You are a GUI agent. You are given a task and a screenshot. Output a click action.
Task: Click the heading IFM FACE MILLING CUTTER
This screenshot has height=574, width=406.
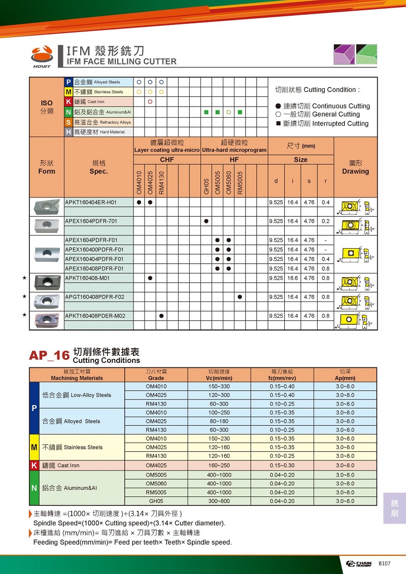tap(118, 61)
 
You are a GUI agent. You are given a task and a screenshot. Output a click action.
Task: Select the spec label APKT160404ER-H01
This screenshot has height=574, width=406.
tap(91, 202)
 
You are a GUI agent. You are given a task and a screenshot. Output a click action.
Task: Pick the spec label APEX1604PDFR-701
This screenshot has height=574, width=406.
tap(91, 221)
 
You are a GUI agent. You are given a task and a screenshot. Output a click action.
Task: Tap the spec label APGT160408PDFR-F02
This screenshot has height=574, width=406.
tap(95, 297)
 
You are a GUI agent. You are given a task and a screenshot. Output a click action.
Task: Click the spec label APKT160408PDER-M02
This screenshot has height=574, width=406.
tap(95, 316)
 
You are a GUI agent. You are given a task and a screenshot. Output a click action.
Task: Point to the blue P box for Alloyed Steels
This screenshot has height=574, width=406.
tap(69, 82)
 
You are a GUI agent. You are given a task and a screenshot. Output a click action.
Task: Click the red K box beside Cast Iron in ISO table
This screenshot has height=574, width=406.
tap(69, 102)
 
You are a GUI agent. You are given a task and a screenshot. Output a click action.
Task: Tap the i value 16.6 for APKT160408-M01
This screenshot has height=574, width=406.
tap(293, 278)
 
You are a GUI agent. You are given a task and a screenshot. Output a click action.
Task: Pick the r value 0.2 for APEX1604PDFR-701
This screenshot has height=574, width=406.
tap(325, 221)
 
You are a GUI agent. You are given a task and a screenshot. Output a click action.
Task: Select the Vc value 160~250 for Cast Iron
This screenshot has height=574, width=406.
tap(220, 465)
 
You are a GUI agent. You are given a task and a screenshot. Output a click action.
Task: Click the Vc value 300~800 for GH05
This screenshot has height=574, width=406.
tap(220, 501)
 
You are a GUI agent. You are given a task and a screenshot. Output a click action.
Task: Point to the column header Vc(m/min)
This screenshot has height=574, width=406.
tap(220, 378)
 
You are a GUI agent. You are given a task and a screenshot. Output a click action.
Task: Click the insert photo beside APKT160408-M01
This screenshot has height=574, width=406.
tap(47, 280)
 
